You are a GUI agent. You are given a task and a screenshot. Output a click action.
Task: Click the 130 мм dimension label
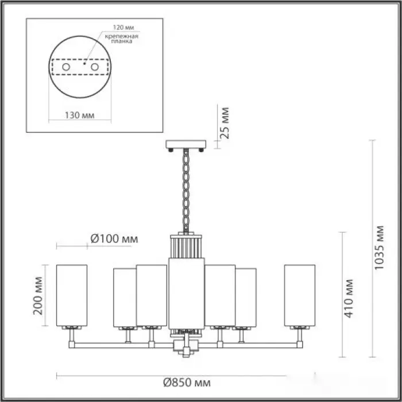79,115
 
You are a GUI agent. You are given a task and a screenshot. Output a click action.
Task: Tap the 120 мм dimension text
123,28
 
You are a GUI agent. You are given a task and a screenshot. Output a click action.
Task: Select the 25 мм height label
225,123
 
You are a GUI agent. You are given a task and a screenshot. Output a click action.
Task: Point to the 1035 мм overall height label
379,248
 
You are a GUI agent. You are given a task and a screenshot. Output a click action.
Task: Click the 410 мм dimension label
348,299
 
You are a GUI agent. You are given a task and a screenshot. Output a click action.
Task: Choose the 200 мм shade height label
38,296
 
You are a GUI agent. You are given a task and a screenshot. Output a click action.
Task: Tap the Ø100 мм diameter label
114,239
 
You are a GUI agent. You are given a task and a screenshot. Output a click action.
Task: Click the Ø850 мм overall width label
187,383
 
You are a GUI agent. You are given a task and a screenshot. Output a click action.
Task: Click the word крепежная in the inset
122,36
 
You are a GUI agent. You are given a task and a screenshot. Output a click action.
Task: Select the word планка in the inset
122,41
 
